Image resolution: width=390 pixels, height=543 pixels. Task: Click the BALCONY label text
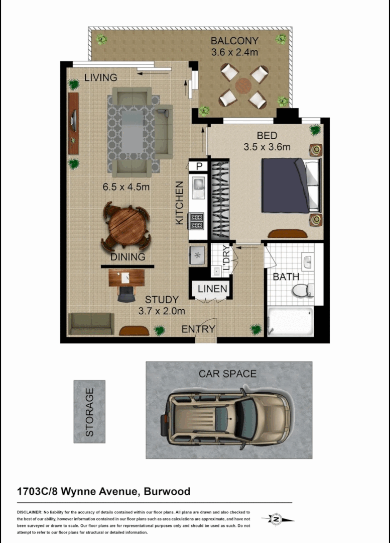pos(234,41)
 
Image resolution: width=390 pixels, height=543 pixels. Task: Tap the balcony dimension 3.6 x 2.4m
pos(234,51)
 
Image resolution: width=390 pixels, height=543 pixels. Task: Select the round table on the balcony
pos(243,85)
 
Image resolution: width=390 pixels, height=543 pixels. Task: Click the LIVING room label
pos(100,77)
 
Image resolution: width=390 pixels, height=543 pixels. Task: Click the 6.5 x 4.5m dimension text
pos(126,187)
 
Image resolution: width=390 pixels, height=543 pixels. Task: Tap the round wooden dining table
pos(125,226)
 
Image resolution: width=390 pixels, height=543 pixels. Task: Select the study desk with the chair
pos(126,279)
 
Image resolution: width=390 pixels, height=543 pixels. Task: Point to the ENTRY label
pos(198,329)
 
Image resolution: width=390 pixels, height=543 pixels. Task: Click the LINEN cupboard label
pos(212,289)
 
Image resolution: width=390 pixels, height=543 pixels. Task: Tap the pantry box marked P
pos(199,166)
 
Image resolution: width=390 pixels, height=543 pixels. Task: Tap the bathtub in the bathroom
pos(291,322)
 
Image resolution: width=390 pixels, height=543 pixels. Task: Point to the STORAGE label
pos(89,412)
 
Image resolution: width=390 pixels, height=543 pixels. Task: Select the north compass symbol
pos(276,519)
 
